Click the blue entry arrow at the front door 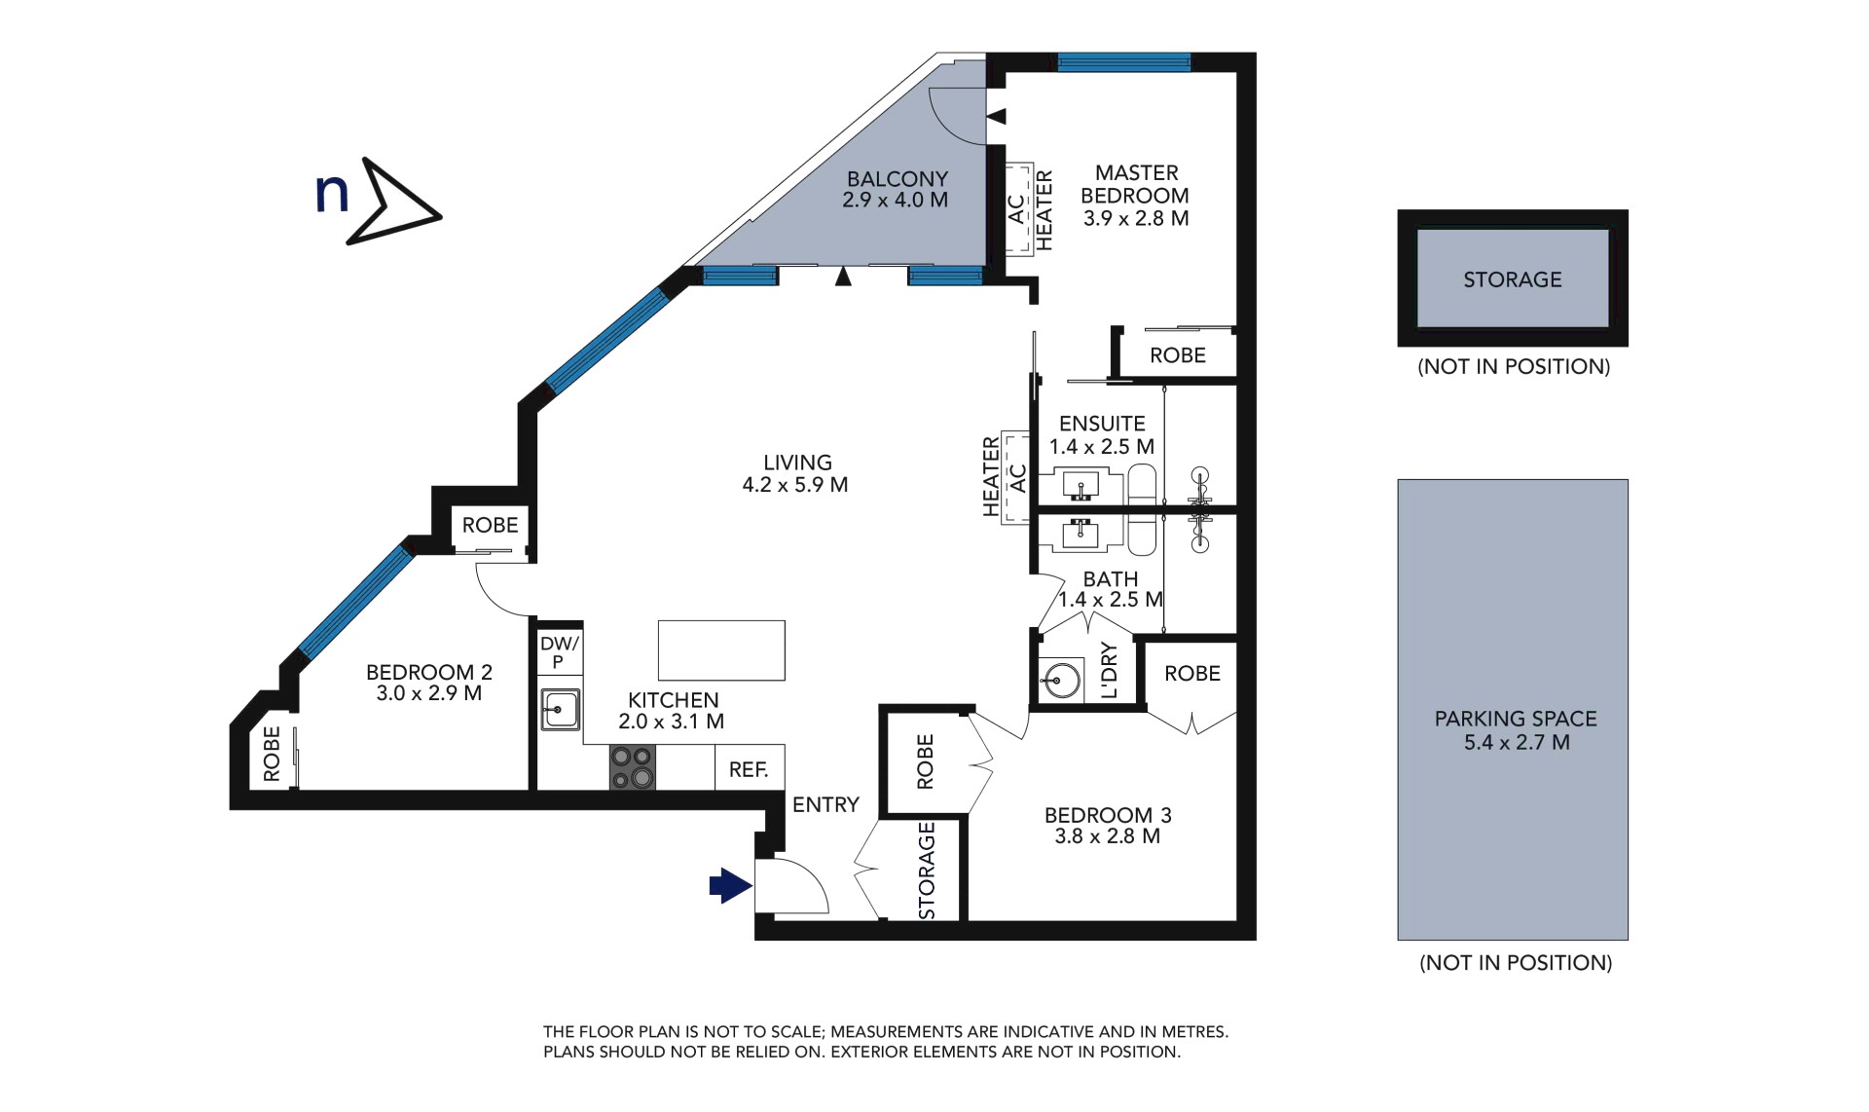pyautogui.click(x=730, y=885)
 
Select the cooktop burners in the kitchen pyautogui.click(x=633, y=767)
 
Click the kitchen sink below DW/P pyautogui.click(x=561, y=709)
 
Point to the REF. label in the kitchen pyautogui.click(x=749, y=769)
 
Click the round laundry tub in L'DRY pyautogui.click(x=1060, y=679)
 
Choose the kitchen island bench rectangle pyautogui.click(x=721, y=650)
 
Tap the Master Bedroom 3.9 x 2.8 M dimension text pyautogui.click(x=1136, y=218)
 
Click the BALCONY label pyautogui.click(x=897, y=178)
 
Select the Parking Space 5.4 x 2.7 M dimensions pyautogui.click(x=1517, y=742)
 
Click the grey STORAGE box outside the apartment pyautogui.click(x=1513, y=278)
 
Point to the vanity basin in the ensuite pyautogui.click(x=1081, y=484)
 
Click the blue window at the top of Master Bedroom pyautogui.click(x=1123, y=62)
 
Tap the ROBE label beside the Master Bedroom pyautogui.click(x=1177, y=355)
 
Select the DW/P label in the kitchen pyautogui.click(x=559, y=652)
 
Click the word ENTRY pyautogui.click(x=825, y=804)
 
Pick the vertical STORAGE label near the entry pyautogui.click(x=927, y=870)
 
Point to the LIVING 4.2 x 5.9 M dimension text pyautogui.click(x=795, y=485)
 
